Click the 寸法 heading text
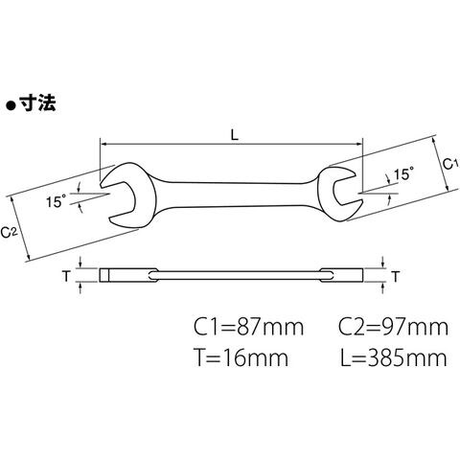coord(37,103)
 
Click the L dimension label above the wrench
coord(235,135)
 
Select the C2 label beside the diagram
coord(8,232)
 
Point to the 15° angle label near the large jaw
coord(57,201)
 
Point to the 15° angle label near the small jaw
coord(403,174)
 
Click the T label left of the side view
coord(66,276)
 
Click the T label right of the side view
coord(396,276)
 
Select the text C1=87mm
coord(249,327)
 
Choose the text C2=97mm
coord(393,327)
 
